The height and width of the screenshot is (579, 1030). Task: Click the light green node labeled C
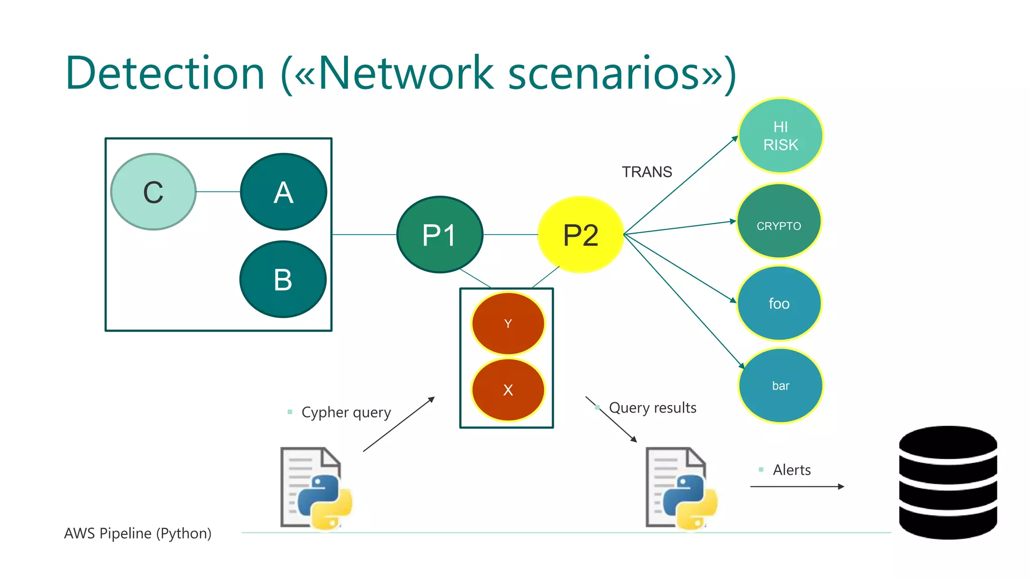(153, 192)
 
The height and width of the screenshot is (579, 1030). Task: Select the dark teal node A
(284, 192)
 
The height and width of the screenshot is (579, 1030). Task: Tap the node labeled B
(283, 279)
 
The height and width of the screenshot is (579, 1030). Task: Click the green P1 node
(440, 235)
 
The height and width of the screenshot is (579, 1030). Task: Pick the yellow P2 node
(580, 235)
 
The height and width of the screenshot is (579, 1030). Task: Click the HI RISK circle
(781, 136)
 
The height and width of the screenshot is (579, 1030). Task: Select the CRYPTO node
(779, 222)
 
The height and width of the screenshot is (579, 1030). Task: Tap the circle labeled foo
(779, 304)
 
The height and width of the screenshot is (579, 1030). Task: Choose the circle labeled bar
(781, 385)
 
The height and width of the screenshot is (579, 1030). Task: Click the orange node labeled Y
(508, 324)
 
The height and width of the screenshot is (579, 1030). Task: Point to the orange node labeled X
(508, 390)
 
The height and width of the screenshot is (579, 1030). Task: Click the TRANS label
(647, 172)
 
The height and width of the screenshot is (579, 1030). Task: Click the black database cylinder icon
(948, 482)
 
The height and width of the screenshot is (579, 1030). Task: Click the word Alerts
(792, 470)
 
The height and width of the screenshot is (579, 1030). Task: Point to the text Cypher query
(346, 412)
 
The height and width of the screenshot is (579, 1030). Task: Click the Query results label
(652, 408)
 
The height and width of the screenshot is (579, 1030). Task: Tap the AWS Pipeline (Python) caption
(138, 533)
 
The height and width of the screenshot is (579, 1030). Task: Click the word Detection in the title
(165, 73)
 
